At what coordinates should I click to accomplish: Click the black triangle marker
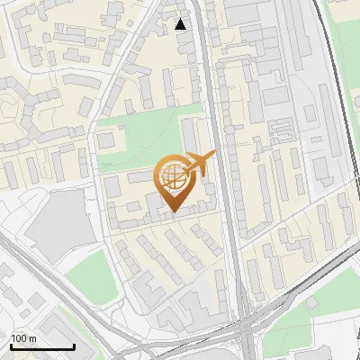181,24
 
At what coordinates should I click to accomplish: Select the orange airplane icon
199,165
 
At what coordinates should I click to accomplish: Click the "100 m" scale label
23,337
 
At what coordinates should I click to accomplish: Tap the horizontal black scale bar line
42,346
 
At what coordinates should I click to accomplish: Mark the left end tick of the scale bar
11,345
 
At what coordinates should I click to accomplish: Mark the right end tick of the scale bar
74,345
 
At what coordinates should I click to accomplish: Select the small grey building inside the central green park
106,140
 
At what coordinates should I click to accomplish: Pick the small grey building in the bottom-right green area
312,302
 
